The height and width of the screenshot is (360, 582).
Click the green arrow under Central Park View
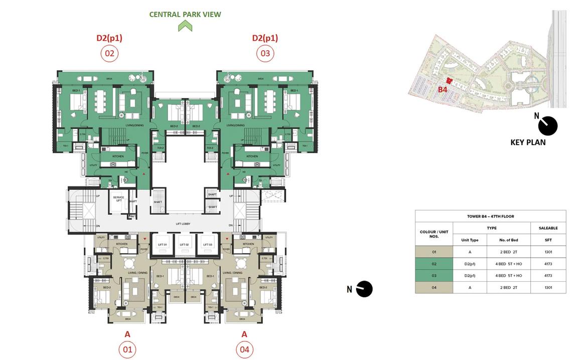(185, 26)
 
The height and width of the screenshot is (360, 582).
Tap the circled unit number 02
(109, 53)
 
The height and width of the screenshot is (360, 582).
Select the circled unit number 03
(265, 53)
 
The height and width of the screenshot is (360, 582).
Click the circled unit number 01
(127, 349)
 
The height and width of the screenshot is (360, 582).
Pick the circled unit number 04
(244, 349)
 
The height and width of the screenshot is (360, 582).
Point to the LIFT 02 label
(184, 245)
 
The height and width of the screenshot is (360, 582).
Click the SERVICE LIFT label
(118, 198)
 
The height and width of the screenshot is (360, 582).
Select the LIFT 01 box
(162, 245)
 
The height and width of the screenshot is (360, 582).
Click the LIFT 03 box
(207, 245)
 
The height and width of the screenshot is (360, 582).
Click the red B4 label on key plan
(442, 89)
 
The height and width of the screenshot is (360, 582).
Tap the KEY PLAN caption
(528, 142)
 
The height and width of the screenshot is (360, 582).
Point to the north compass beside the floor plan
(364, 289)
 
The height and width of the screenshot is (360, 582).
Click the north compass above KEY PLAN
(547, 126)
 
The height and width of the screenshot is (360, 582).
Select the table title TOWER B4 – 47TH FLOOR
(490, 216)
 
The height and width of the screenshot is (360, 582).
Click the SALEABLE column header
(548, 228)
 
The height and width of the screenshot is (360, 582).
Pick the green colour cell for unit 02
(434, 264)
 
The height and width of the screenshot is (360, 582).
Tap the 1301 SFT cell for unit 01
(548, 252)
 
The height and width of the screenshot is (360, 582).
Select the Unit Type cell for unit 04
(470, 288)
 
